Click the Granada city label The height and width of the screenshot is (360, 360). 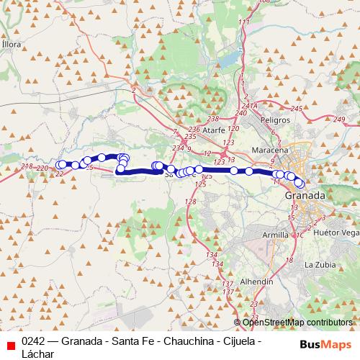coord(305,195)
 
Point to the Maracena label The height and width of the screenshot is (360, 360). coord(270,149)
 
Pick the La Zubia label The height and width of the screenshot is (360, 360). coord(320,264)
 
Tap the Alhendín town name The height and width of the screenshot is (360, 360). coord(258,281)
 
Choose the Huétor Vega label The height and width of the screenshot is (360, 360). coord(341,234)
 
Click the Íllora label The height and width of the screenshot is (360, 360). coord(12,44)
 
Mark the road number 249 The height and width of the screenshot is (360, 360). coord(340,119)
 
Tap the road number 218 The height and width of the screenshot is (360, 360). coord(27,167)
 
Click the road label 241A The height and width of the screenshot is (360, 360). coord(249,106)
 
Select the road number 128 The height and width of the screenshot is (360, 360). coord(190,202)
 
